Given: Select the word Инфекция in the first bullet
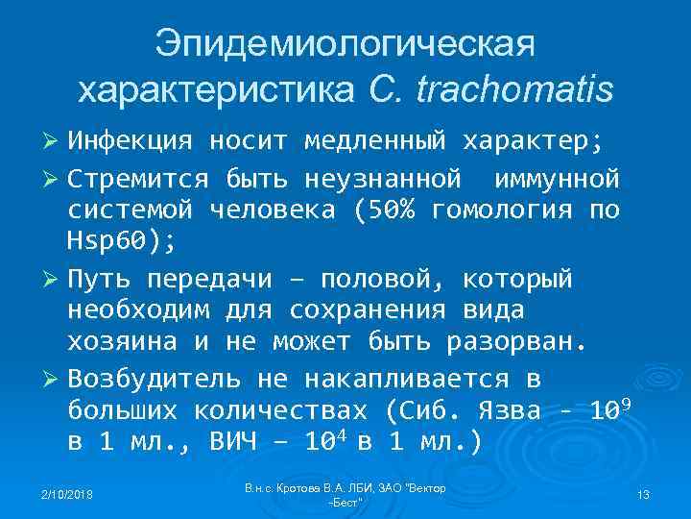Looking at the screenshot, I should pos(131,143).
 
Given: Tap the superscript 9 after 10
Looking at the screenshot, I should pos(624,404).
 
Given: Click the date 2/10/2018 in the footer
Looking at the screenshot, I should pos(68,494).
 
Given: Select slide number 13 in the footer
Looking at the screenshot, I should pos(643,494).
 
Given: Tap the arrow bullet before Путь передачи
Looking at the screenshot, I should pos(54,279).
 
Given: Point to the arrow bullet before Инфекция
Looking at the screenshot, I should pos(54,143).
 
